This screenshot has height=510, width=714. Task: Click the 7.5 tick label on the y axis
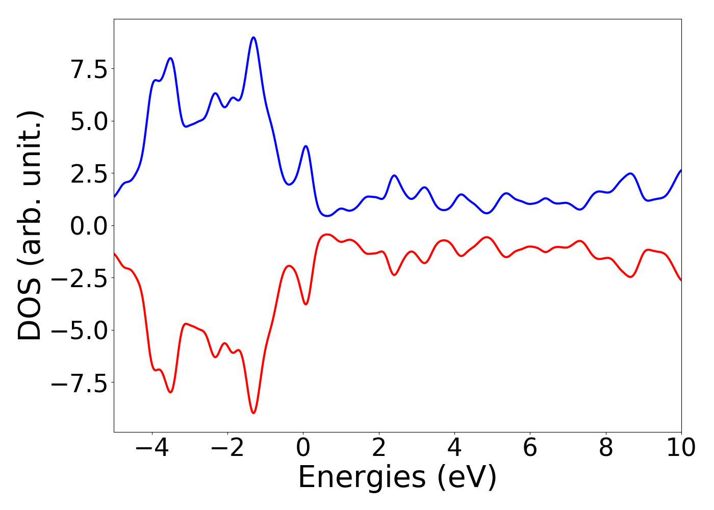point(89,69)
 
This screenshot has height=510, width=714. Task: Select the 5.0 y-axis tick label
point(89,121)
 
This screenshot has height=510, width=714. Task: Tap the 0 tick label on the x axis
point(303,448)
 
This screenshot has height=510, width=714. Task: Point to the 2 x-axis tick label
point(378,448)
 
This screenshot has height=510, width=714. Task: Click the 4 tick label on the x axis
point(454,448)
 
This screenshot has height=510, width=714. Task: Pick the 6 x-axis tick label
point(530,448)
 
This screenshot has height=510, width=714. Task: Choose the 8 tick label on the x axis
point(606,448)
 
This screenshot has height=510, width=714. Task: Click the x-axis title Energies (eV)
point(397,478)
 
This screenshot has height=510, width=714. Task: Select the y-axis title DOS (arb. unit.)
point(31,225)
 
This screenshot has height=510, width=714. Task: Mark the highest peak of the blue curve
point(253,37)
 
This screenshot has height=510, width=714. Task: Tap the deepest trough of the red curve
point(253,413)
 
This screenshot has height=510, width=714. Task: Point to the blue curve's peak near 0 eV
point(305,146)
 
